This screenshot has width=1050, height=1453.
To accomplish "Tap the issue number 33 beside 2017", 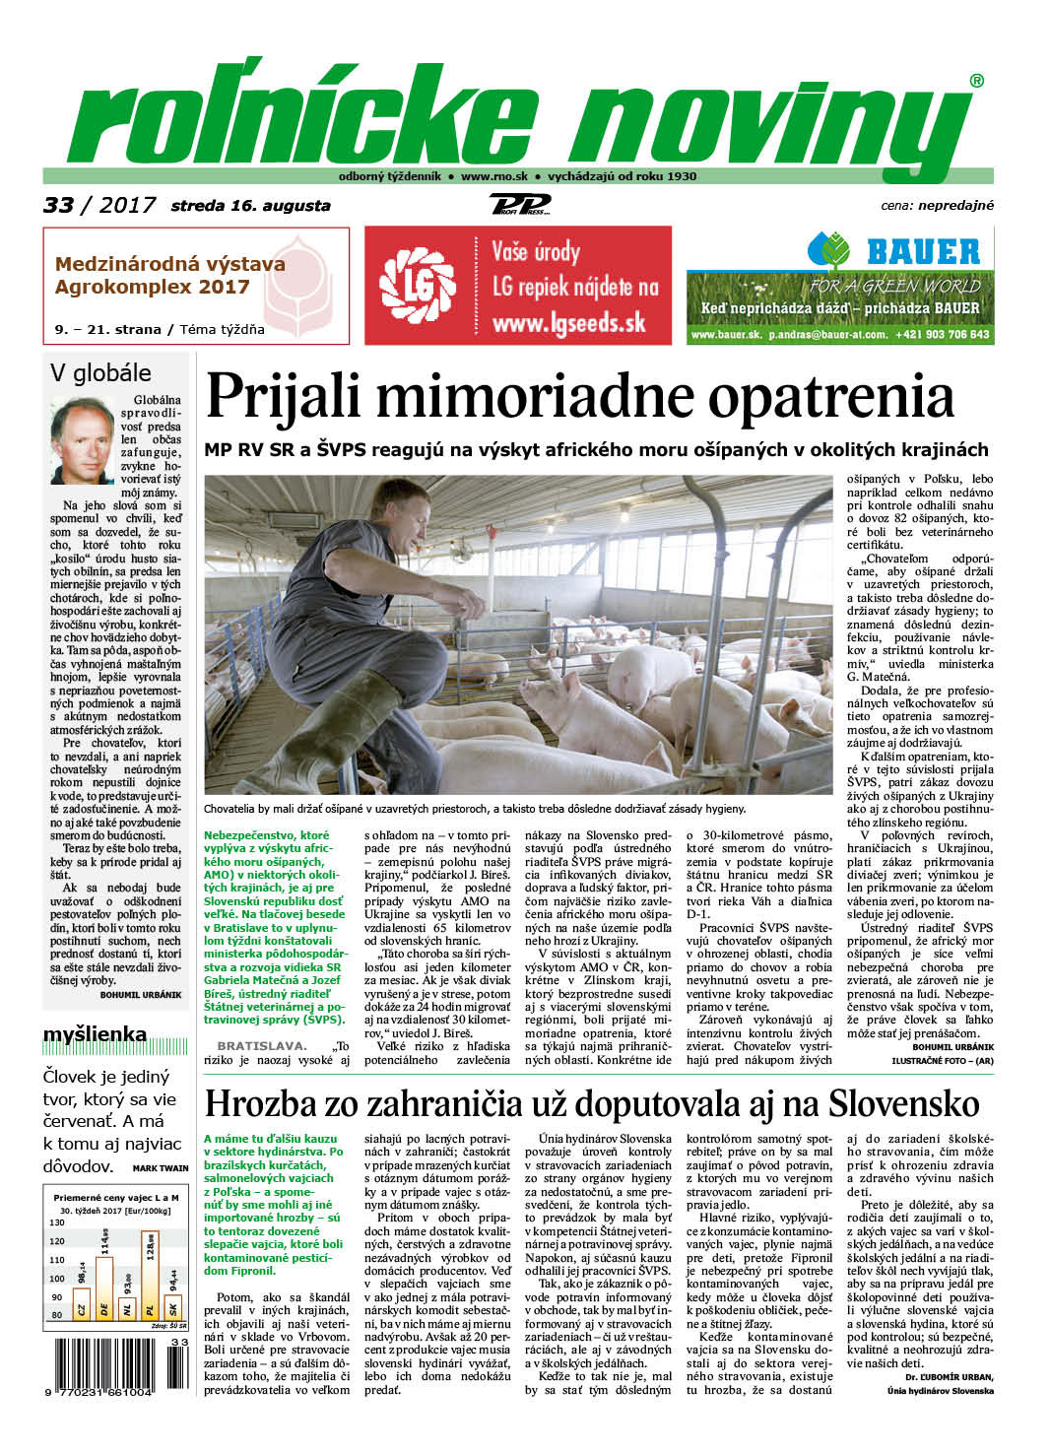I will pos(58,205).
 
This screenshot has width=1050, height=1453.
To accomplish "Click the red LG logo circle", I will pos(419,286).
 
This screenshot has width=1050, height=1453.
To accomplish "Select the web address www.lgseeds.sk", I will pos(568,323).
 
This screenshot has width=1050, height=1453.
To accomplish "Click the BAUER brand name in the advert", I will pos(922,252).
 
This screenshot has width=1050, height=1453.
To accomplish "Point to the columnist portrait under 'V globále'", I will pos(83,440).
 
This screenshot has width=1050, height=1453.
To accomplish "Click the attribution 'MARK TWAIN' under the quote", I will pos(160,1168).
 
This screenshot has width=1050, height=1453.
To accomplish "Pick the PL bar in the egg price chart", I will pos(150,1277).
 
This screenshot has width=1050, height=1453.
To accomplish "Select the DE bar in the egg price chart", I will pos(103,1281).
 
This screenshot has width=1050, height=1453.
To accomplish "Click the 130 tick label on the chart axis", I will pos(58,1222).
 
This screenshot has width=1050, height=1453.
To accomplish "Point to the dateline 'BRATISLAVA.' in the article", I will pos(261,1046).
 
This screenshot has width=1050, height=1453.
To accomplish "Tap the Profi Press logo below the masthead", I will pos(519,205).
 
